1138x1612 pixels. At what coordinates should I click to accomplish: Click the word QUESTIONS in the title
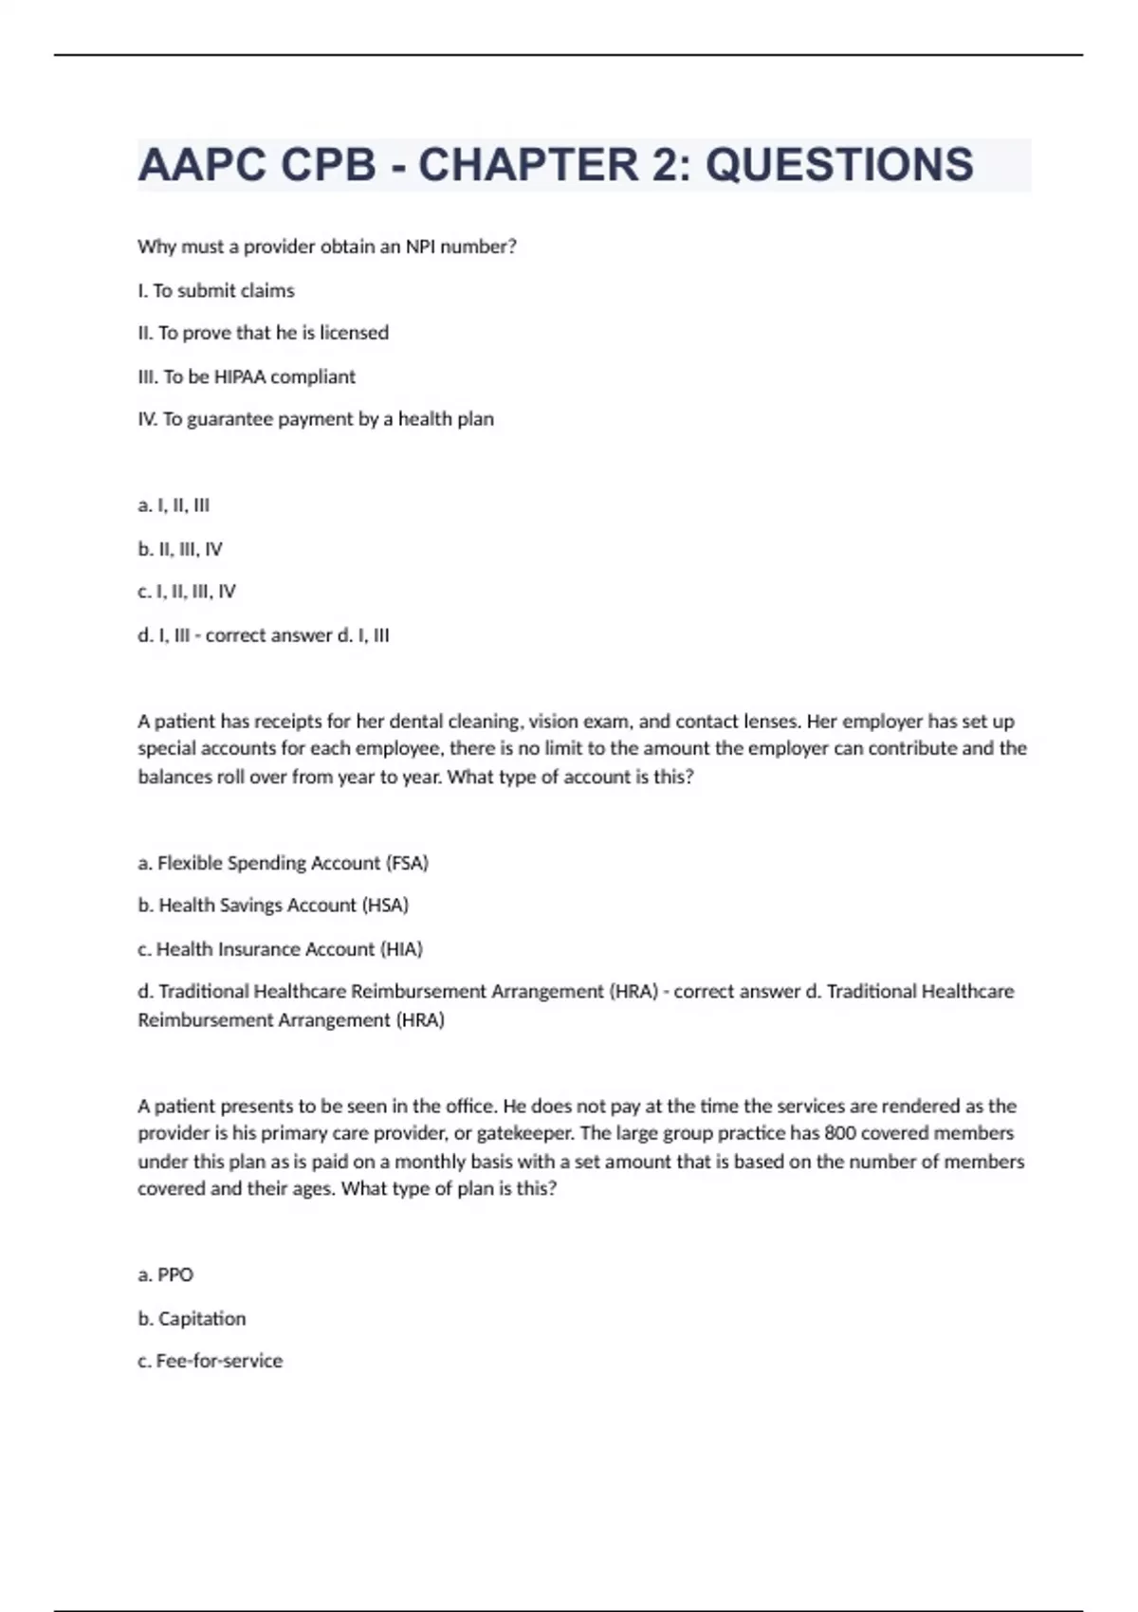coord(839,165)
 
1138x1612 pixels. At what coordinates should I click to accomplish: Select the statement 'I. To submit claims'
coord(216,290)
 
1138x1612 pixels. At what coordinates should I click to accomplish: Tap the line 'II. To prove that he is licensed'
coord(263,333)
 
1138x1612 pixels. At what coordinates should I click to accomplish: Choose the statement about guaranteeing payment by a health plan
coord(316,419)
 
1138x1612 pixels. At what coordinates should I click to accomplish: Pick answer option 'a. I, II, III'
coord(174,505)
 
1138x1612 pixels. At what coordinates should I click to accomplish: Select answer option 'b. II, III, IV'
coord(180,549)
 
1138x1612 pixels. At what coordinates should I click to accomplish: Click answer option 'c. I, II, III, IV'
coord(187,592)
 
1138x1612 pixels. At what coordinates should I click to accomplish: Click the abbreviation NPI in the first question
coord(420,247)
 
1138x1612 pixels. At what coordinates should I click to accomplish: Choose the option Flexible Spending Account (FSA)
coord(283,863)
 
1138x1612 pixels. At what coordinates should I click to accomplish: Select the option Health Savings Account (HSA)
coord(273,906)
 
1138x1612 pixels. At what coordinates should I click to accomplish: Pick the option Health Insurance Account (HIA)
coord(280,949)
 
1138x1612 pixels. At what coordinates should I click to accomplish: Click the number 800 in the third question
coord(840,1133)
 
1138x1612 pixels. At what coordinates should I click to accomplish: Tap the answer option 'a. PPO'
coord(165,1275)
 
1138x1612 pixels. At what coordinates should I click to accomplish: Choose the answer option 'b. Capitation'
coord(192,1319)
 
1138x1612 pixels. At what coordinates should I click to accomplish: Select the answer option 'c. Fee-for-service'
coord(210,1361)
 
